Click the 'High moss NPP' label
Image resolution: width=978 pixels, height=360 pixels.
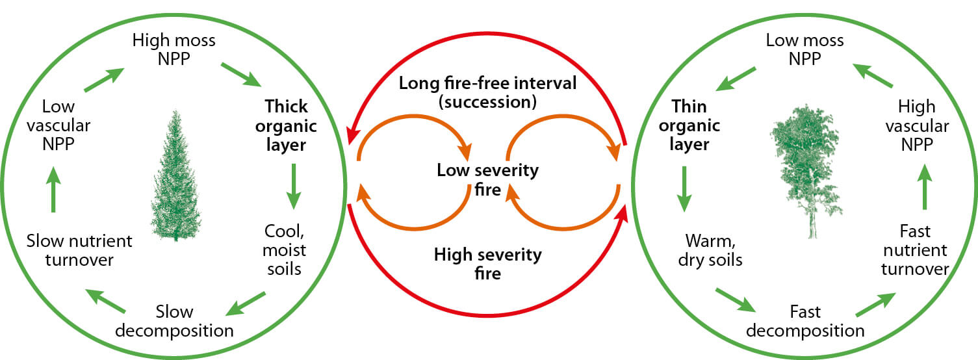(x=174, y=49)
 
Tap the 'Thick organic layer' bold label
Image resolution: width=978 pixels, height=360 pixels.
(x=285, y=125)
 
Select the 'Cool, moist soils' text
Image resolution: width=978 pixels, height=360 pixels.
(x=285, y=249)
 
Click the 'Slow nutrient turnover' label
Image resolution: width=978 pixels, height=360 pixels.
(x=79, y=251)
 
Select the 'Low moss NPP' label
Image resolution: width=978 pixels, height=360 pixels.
(x=804, y=49)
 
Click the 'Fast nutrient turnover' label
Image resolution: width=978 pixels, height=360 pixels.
(x=915, y=250)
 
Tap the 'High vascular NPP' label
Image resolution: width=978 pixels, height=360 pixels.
(x=916, y=125)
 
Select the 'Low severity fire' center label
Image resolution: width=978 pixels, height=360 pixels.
(x=488, y=180)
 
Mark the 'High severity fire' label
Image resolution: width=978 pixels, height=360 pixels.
(x=487, y=263)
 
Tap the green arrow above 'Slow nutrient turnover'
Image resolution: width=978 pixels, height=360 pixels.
(x=53, y=190)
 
